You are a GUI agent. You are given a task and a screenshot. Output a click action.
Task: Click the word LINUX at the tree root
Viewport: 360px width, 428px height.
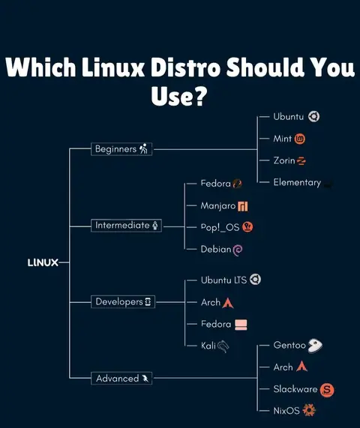pyautogui.click(x=43, y=262)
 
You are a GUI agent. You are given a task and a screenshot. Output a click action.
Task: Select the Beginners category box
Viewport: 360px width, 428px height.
pyautogui.click(x=121, y=149)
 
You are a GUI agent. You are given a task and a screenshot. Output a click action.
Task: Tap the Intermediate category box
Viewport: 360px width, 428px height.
pyautogui.click(x=126, y=226)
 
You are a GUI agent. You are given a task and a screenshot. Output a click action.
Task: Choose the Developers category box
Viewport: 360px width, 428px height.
pyautogui.click(x=123, y=301)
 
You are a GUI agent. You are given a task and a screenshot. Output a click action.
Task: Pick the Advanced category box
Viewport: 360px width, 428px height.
pyautogui.click(x=121, y=378)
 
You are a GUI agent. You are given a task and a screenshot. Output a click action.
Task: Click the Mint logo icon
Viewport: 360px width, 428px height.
pyautogui.click(x=300, y=139)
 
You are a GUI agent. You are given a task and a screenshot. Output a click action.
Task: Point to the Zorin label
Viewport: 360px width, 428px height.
pyautogui.click(x=284, y=160)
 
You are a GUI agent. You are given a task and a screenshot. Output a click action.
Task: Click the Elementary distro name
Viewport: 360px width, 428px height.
pyautogui.click(x=297, y=182)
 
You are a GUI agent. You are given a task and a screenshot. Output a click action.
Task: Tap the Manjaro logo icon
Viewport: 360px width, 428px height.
pyautogui.click(x=243, y=206)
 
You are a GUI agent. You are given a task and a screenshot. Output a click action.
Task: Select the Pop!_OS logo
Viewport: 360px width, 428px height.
pyautogui.click(x=247, y=227)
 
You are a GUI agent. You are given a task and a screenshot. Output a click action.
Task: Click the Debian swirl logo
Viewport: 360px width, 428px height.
pyautogui.click(x=237, y=250)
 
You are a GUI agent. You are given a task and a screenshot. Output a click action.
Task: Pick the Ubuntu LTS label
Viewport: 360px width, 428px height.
pyautogui.click(x=223, y=280)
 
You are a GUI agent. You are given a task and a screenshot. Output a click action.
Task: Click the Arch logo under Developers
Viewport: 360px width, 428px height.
pyautogui.click(x=228, y=303)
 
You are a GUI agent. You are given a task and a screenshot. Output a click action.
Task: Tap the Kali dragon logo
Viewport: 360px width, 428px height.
pyautogui.click(x=223, y=346)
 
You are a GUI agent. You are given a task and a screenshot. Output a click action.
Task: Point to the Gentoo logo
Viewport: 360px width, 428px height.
pyautogui.click(x=315, y=346)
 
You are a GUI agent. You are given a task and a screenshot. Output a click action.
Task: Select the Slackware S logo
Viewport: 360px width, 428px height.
pyautogui.click(x=327, y=390)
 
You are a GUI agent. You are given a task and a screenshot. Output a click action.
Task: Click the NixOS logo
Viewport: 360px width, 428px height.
pyautogui.click(x=309, y=410)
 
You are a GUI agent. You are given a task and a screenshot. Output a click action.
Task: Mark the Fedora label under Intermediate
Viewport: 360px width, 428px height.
pyautogui.click(x=216, y=184)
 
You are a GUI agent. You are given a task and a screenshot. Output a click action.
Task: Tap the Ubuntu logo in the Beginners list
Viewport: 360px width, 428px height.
pyautogui.click(x=313, y=117)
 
